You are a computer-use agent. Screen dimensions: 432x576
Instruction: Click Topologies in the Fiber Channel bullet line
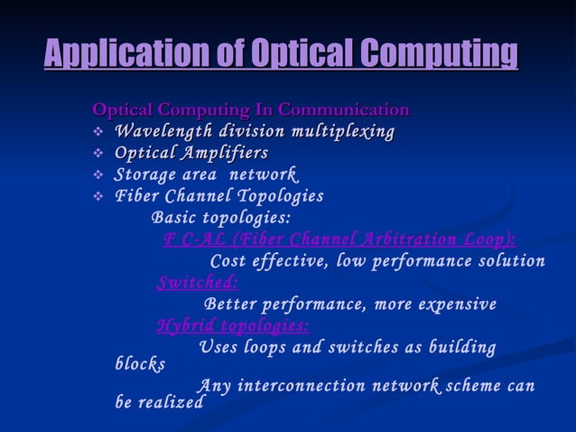coord(279,196)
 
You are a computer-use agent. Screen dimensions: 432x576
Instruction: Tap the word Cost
coord(228,261)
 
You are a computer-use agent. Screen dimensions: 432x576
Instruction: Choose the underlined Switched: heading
coord(198,282)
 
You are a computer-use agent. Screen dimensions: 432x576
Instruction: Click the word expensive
coord(453,304)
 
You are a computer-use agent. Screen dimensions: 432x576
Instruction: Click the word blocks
coord(140,364)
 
